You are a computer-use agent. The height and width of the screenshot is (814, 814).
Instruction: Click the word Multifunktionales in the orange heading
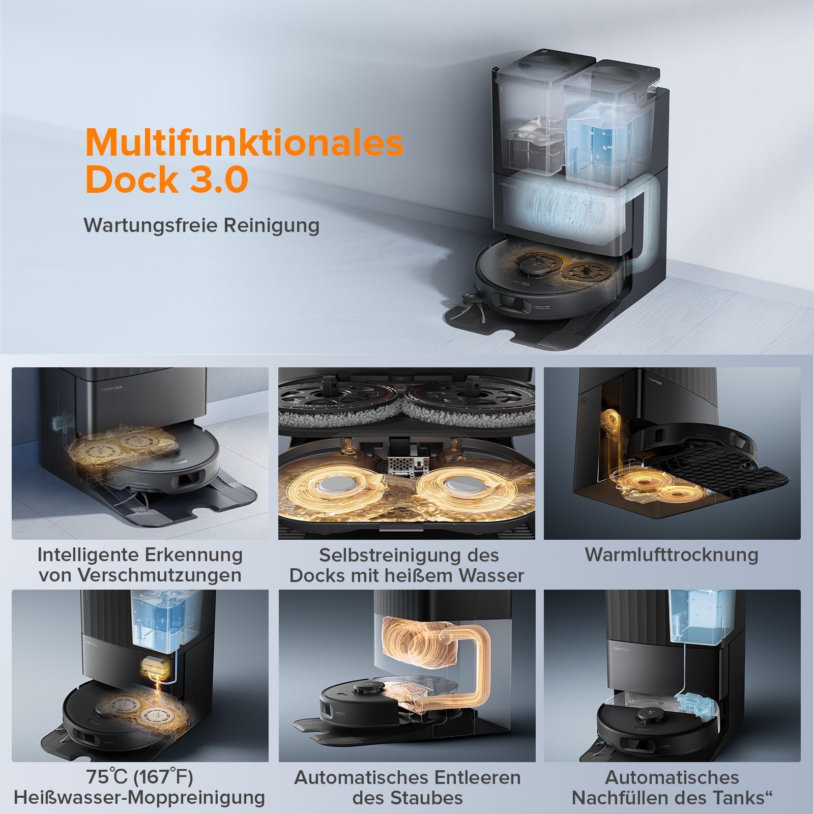tap(244, 143)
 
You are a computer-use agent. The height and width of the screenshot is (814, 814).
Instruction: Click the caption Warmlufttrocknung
tap(672, 555)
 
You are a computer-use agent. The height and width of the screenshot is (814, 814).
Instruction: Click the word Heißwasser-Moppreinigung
tap(139, 798)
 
